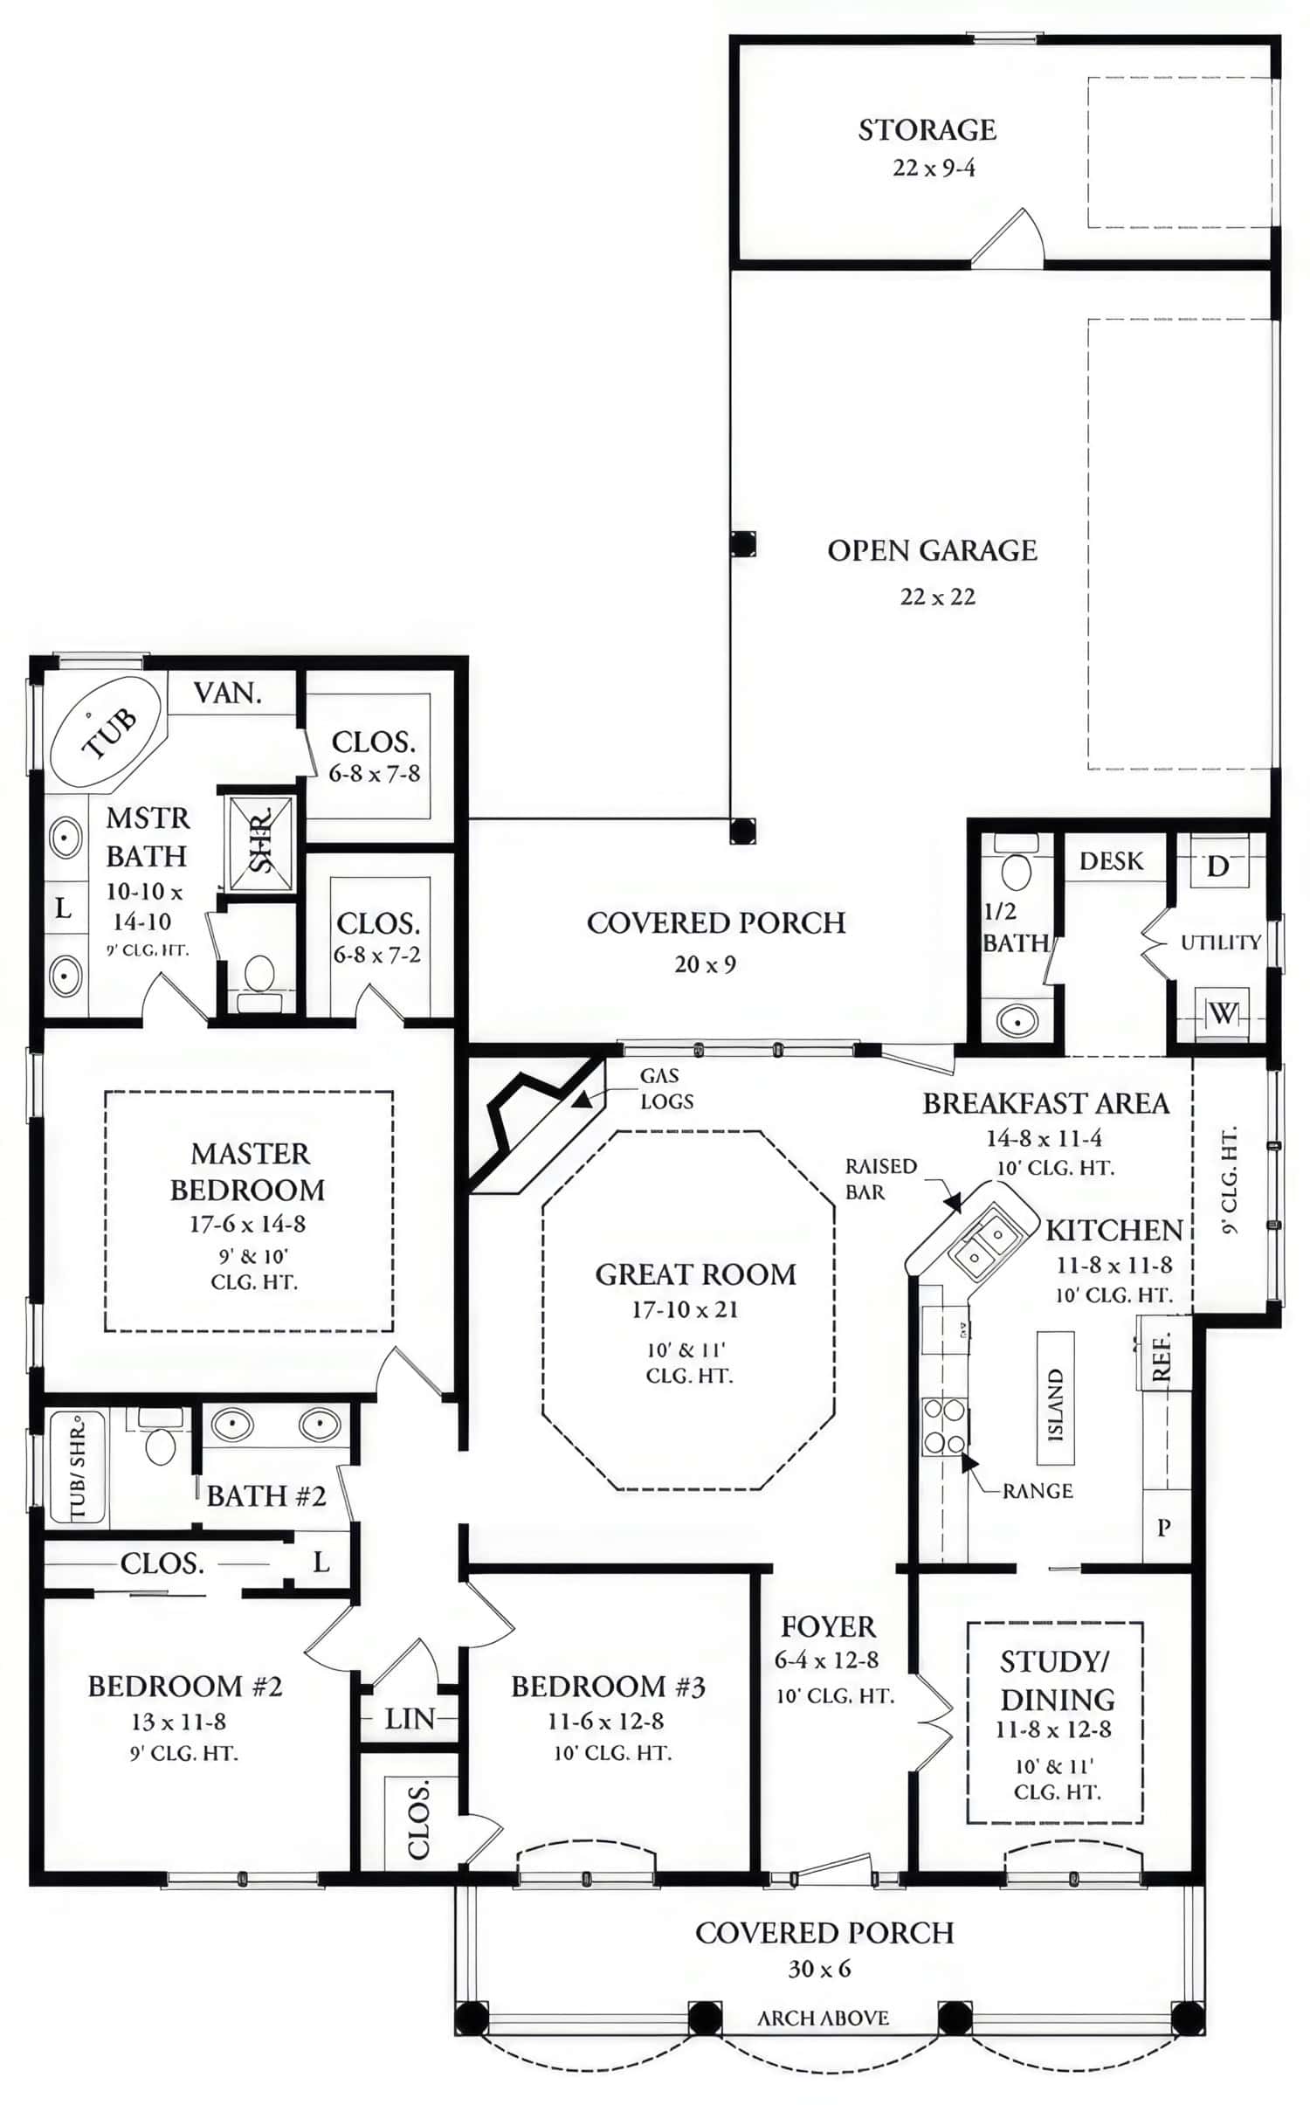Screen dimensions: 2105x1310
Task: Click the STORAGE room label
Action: coord(927,130)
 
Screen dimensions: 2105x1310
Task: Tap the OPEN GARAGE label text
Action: coord(932,550)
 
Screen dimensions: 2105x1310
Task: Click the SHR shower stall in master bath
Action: coord(260,843)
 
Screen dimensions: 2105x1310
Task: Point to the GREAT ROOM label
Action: coord(695,1274)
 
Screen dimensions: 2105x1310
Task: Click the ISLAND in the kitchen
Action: coord(1055,1398)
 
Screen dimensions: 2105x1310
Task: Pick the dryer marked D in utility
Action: coord(1218,866)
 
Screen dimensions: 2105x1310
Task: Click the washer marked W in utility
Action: coord(1222,1013)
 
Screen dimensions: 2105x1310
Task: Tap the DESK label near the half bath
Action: coord(1111,861)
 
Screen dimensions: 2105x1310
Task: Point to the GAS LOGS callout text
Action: coord(666,1088)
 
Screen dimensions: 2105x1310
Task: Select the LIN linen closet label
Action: coord(410,1719)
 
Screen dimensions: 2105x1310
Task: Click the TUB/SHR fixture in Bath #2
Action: coord(77,1467)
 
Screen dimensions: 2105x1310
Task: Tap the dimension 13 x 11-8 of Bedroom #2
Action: coord(179,1722)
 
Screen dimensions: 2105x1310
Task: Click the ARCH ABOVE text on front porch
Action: coord(823,2019)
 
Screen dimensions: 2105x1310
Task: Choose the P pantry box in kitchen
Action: coord(1164,1527)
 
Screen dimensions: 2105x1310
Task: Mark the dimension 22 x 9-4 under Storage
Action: coord(934,168)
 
